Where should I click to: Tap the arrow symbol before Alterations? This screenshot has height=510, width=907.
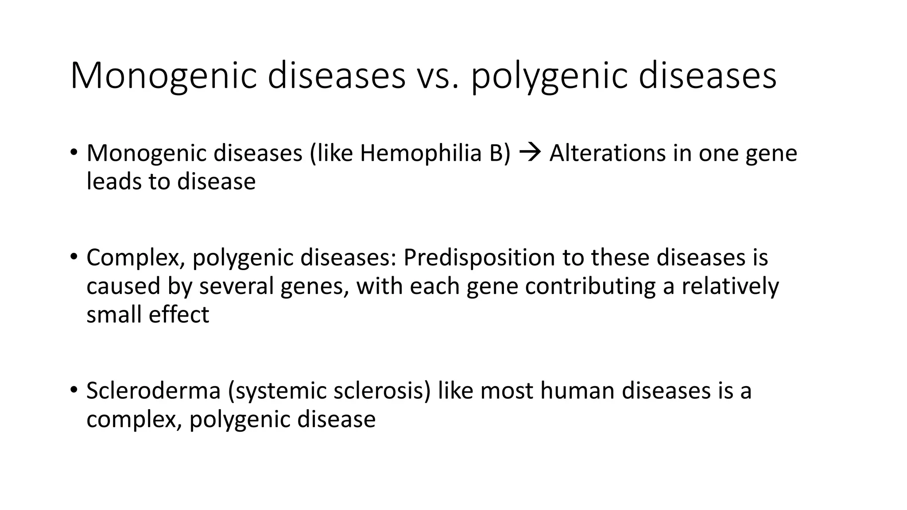coord(530,153)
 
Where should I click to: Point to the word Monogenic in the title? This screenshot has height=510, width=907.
coord(163,76)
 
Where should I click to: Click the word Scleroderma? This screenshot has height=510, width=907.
coord(153,390)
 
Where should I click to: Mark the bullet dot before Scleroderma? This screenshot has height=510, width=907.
coord(74,390)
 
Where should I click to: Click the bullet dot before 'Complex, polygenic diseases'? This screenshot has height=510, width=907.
coord(74,256)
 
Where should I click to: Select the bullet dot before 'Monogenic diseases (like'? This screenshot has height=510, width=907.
coord(74,152)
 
